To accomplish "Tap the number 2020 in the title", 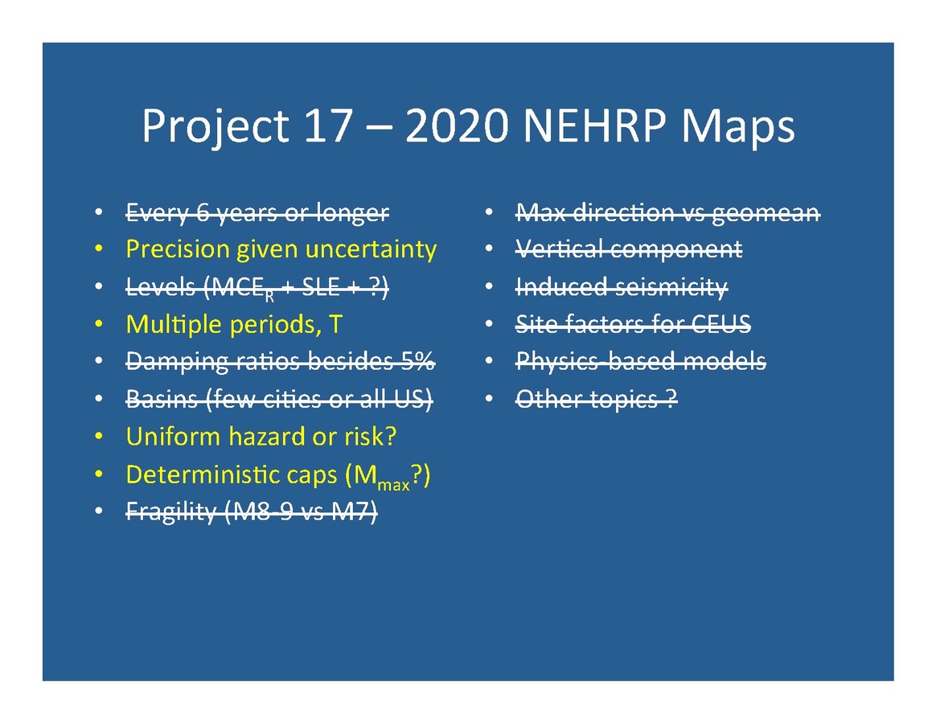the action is [457, 126].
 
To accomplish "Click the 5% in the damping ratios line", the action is [417, 361].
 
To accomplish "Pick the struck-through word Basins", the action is [162, 399].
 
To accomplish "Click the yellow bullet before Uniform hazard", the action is [99, 437].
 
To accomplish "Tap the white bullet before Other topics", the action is [489, 399].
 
